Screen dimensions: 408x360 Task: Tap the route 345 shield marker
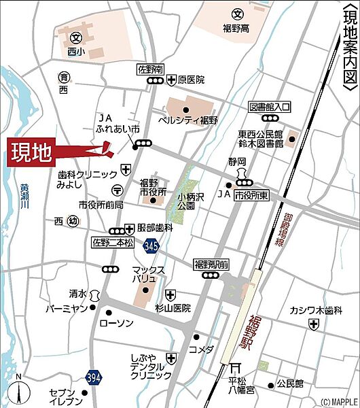click(x=151, y=248)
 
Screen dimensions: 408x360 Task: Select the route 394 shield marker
click(x=95, y=377)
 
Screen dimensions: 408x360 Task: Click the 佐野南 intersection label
click(x=151, y=69)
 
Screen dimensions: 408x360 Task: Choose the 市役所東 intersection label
click(x=253, y=195)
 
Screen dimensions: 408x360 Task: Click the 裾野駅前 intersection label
click(x=211, y=264)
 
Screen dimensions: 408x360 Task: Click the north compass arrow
click(x=20, y=391)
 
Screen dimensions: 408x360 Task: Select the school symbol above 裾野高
click(x=237, y=14)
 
